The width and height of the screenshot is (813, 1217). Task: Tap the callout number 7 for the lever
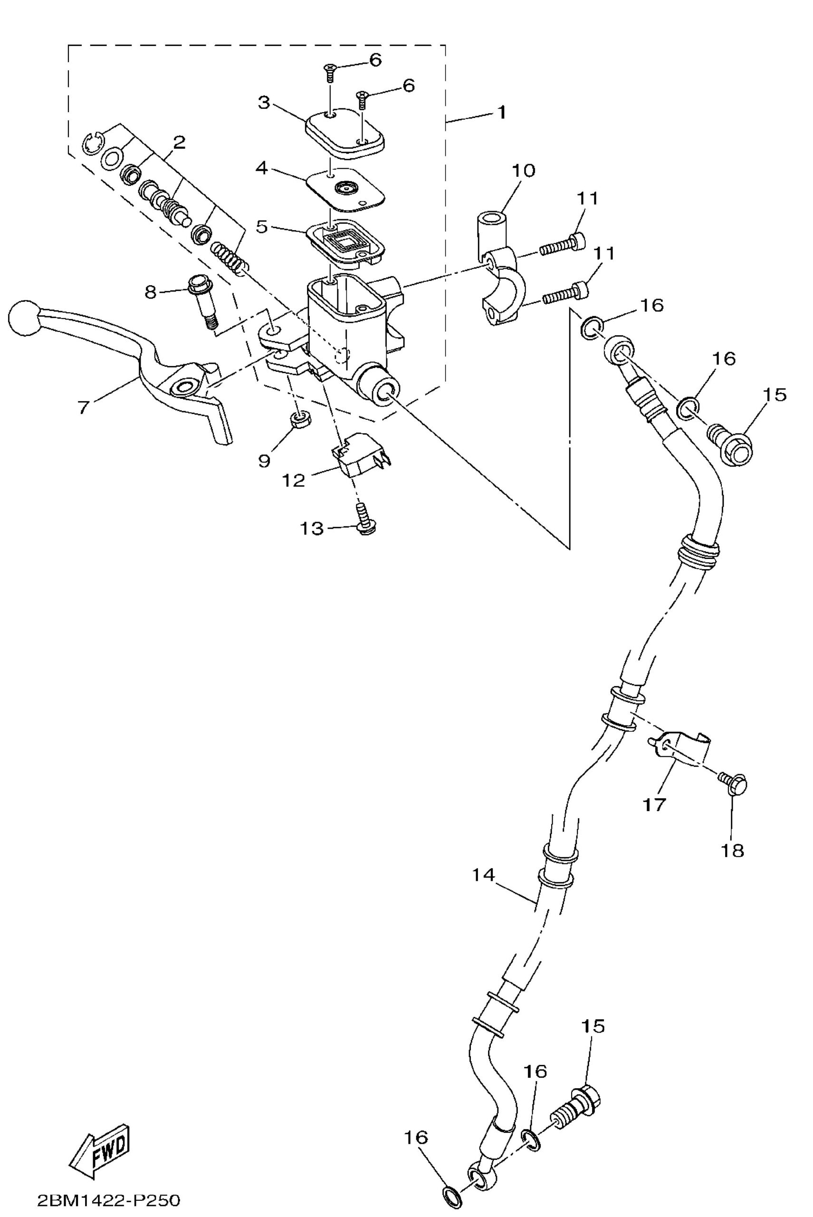tap(84, 407)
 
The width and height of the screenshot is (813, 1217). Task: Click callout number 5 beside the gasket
tap(262, 227)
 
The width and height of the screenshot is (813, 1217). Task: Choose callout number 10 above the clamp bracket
tap(524, 170)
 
